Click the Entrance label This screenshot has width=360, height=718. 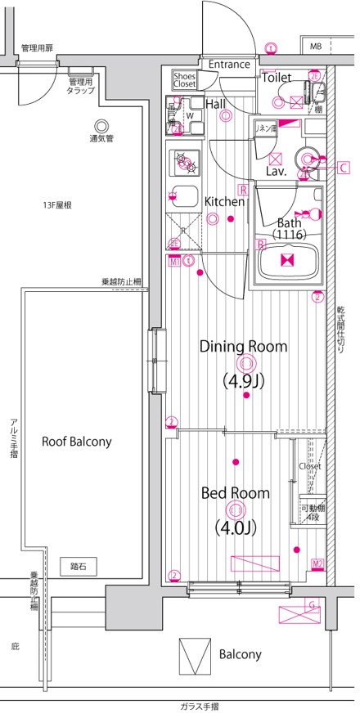pos(229,65)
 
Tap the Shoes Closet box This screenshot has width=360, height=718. pos(184,79)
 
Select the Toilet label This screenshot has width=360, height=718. pos(277,77)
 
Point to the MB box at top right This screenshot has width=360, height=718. pos(315,46)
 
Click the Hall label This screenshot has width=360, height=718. pos(216,104)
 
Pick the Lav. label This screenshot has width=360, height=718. pos(275,172)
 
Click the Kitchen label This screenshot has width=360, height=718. pos(223,201)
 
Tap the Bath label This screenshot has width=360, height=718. pos(289,222)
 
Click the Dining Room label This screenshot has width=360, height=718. pos(244,346)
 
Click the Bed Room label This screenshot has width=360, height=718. pos(236,493)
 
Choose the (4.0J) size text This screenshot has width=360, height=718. pos(236,527)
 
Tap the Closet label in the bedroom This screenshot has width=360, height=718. pos(310,466)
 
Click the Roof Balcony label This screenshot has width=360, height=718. pos(77,441)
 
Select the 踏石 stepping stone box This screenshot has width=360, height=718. pos(79,565)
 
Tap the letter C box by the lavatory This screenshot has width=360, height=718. pos(344,168)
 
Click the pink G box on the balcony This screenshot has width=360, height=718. pos(311,604)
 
